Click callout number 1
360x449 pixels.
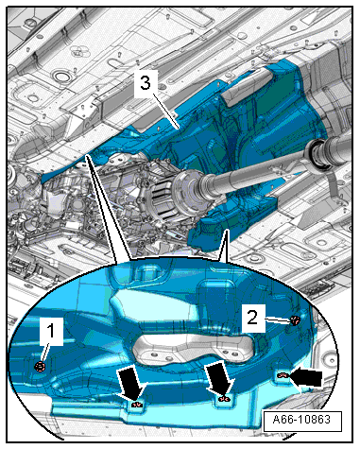(x=51, y=331)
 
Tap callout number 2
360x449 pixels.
(x=252, y=318)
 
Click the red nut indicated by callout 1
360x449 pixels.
(x=41, y=367)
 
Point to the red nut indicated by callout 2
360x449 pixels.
(x=295, y=320)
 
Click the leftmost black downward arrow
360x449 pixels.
(x=129, y=384)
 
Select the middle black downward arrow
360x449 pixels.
(x=219, y=379)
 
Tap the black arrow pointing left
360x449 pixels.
(x=306, y=378)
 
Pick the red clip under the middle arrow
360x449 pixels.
(x=225, y=399)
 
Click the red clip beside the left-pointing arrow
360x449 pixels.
(x=283, y=375)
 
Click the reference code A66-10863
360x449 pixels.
(x=301, y=420)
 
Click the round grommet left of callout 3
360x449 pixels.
(x=60, y=77)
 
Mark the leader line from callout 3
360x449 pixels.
(x=166, y=111)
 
